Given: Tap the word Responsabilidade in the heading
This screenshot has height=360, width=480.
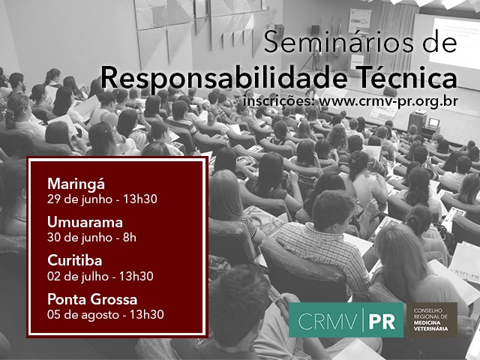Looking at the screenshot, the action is click(x=224, y=78).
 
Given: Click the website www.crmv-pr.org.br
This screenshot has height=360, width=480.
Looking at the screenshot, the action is click(x=388, y=101).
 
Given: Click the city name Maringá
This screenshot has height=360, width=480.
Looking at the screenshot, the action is click(x=76, y=184).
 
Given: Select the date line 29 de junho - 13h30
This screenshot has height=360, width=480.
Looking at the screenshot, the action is click(x=102, y=199).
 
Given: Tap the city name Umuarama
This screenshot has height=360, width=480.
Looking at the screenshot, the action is click(x=85, y=222).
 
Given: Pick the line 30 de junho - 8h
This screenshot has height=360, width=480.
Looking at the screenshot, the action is click(x=91, y=238).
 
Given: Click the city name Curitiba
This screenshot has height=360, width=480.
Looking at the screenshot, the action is click(x=75, y=260).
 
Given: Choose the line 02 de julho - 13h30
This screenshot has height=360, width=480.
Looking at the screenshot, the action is click(x=100, y=276).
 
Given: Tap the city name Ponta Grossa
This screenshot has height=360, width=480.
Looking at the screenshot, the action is click(x=92, y=299).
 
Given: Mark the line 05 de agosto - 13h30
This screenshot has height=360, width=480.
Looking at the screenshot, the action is click(x=105, y=315).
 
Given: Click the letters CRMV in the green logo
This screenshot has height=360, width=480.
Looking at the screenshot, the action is click(x=327, y=322).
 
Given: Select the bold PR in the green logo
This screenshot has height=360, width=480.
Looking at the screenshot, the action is click(x=382, y=322).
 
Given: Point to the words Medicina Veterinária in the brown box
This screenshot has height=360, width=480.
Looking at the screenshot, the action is click(x=430, y=325).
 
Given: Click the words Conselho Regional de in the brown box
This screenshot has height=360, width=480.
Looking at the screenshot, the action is click(x=430, y=313).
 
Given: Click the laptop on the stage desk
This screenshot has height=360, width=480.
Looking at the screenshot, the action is click(x=433, y=123).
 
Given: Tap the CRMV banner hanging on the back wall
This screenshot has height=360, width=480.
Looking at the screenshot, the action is click(x=360, y=20).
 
